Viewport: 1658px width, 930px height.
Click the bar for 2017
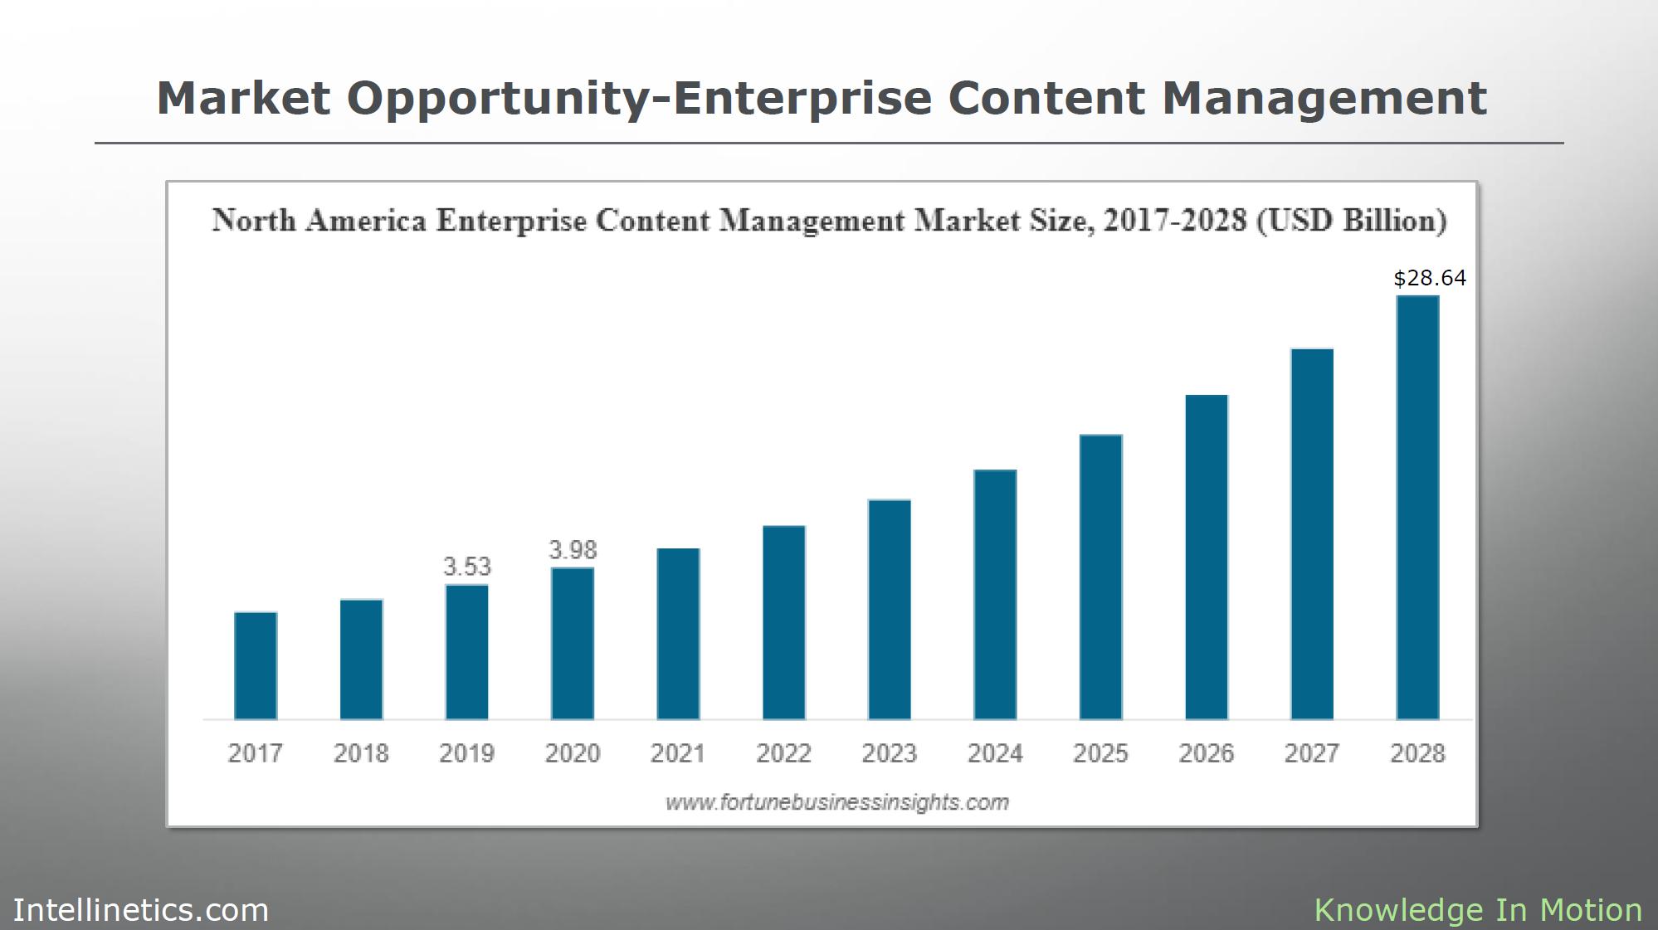point(256,665)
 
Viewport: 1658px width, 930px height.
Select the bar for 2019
point(467,652)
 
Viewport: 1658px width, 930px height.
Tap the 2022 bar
point(784,622)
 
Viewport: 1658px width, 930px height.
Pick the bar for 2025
point(1101,577)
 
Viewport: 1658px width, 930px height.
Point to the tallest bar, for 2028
point(1418,507)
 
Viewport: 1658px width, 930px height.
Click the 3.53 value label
point(467,567)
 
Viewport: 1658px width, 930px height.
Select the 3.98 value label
point(573,549)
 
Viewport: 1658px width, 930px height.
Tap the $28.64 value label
point(1429,278)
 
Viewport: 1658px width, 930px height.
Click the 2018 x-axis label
point(361,753)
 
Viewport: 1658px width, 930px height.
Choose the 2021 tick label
point(678,753)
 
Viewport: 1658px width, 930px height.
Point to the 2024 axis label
point(995,753)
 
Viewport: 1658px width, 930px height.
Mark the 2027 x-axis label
point(1312,753)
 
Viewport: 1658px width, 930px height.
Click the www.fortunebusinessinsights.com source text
point(837,802)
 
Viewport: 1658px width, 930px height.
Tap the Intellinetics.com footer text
point(141,910)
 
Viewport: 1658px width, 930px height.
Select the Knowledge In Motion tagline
point(1478,910)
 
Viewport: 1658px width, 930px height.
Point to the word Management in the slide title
point(1324,99)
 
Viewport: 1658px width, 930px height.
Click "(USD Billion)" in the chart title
point(1352,221)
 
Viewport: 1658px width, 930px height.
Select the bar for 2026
point(1207,557)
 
